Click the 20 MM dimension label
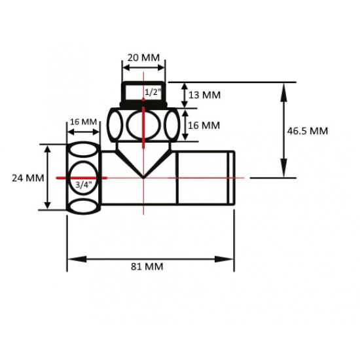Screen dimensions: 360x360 142,58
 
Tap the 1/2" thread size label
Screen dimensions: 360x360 152,93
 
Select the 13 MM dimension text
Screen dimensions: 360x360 204,95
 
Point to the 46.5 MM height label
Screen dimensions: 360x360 307,130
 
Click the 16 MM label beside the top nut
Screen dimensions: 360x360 204,125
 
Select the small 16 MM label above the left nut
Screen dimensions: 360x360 83,122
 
